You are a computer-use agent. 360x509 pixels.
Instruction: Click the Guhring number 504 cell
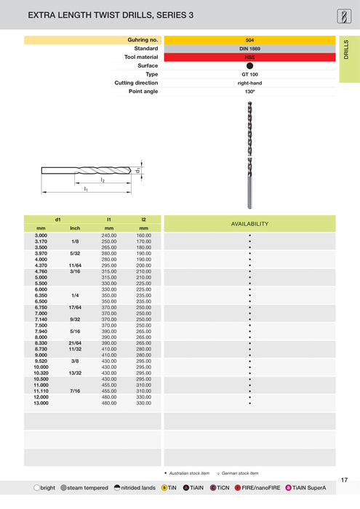click(249, 40)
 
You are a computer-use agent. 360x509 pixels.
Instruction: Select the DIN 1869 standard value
click(249, 48)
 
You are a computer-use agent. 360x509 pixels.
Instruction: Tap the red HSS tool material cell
click(249, 57)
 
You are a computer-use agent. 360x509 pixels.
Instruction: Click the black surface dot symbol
click(249, 65)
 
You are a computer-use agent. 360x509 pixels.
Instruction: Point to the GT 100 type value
click(249, 74)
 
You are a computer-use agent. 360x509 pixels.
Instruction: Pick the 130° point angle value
click(249, 92)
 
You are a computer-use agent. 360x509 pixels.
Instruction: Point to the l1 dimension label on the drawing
click(85, 189)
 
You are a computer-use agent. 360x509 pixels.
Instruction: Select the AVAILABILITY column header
click(249, 224)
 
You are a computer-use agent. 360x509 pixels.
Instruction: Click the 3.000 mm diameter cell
click(41, 236)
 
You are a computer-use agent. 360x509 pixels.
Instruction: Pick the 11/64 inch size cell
click(75, 265)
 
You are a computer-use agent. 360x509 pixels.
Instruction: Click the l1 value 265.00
click(109, 247)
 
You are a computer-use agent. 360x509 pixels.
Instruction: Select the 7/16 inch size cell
click(75, 390)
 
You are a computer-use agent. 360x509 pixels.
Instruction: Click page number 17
click(344, 479)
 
